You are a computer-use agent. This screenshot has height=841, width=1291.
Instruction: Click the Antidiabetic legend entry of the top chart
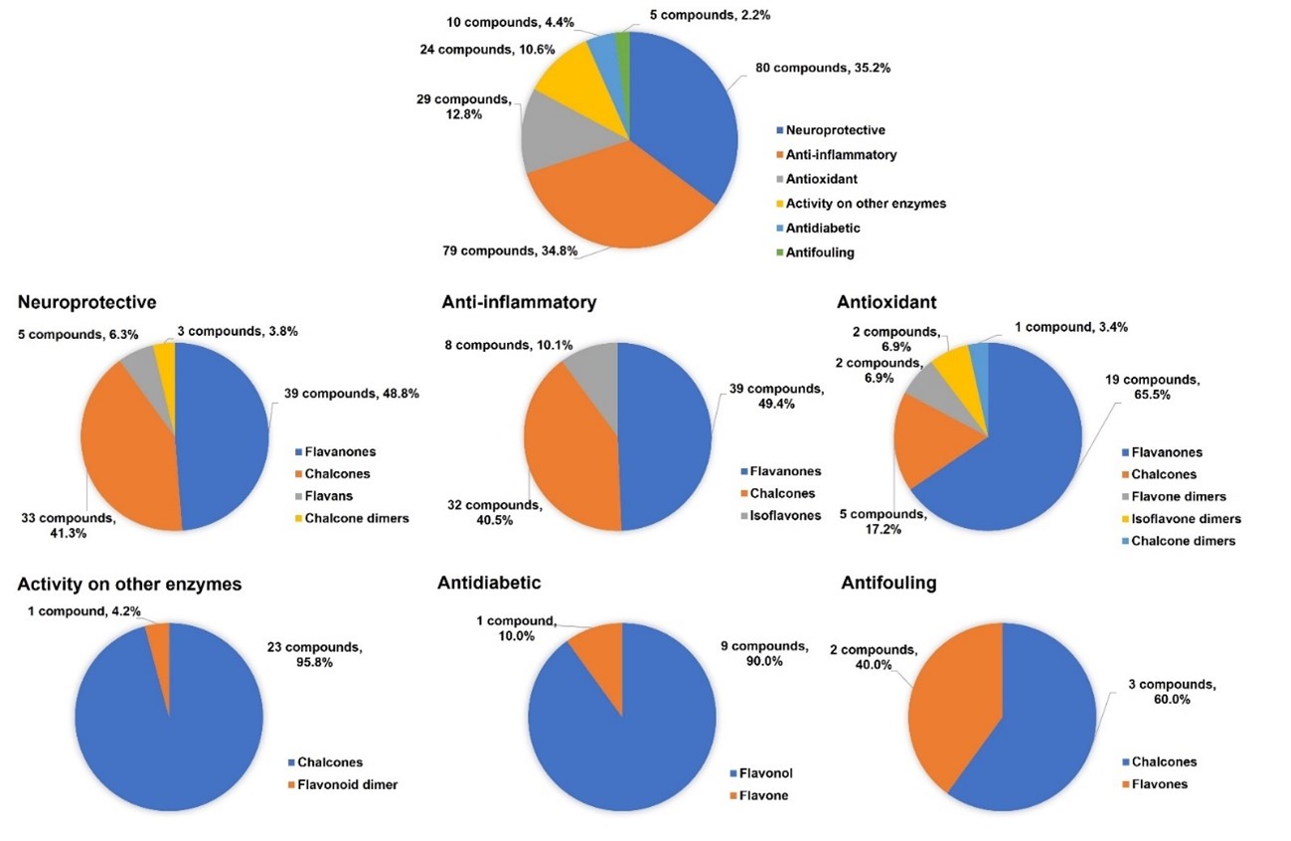823,228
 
